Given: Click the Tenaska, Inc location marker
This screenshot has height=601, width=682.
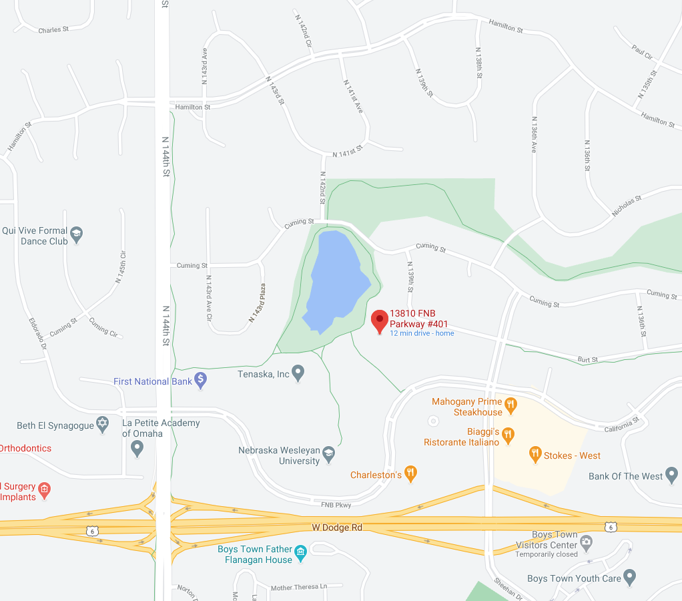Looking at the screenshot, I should coord(298,373).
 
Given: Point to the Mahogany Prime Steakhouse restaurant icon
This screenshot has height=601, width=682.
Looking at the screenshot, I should coord(511,403).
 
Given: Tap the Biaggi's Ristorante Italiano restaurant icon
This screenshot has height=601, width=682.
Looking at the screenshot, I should coord(508,435).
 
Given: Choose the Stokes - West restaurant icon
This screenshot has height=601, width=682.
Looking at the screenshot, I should coord(535,455).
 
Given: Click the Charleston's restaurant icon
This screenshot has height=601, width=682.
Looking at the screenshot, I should coord(411,474).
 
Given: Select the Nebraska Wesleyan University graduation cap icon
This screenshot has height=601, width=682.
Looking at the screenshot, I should coord(328,455).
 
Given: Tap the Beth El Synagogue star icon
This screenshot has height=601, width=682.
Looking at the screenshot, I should coord(102,425).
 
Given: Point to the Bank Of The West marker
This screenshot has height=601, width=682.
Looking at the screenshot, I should coord(671,475).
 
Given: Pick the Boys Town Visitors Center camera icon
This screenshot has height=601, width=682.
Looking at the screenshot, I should coord(586,540).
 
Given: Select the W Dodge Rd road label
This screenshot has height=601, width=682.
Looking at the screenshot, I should coord(337,528).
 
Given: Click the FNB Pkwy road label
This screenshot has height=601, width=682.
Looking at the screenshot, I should coord(336,505).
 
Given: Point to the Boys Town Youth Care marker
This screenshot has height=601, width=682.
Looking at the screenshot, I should coord(629,577).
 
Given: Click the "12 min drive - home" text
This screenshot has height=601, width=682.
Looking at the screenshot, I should coord(422,333).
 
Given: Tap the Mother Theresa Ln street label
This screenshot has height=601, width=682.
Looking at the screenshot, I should coord(299,588).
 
